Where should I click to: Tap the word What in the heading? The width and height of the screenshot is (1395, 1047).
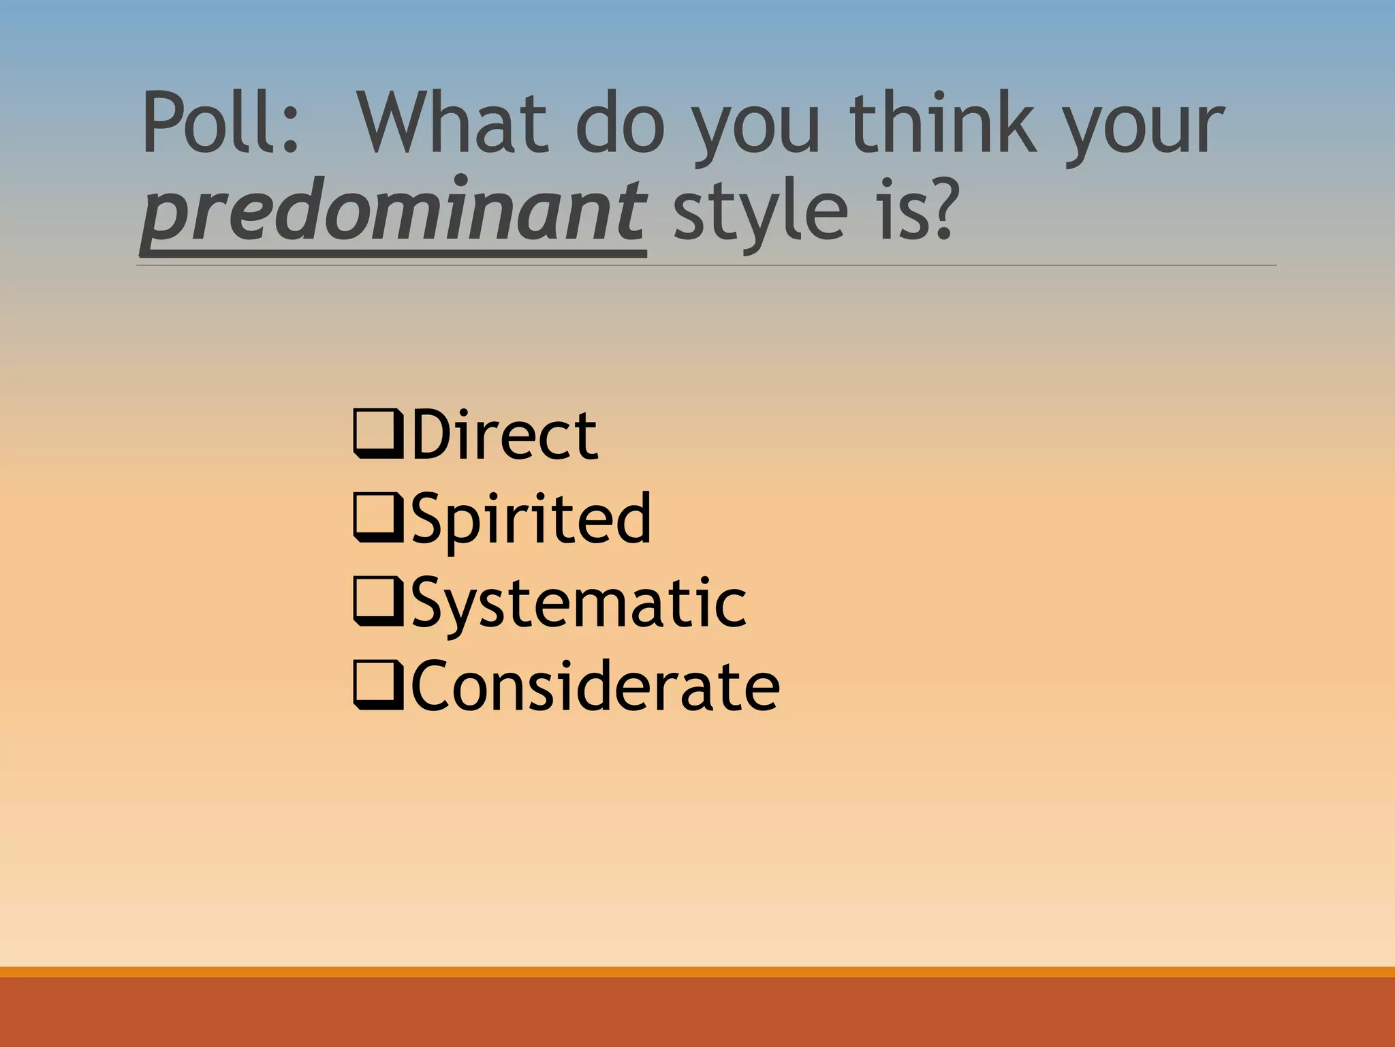452,123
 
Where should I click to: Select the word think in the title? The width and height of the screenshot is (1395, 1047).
943,123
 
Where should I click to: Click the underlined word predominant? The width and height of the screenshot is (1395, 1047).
393,211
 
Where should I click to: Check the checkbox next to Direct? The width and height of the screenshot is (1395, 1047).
377,434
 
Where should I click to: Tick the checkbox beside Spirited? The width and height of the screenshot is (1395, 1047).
377,518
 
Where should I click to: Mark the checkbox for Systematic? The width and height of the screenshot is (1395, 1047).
377,601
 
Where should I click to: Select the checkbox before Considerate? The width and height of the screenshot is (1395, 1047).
377,685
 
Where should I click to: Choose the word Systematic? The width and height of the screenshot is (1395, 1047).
579,603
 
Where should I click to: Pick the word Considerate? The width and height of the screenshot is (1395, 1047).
595,686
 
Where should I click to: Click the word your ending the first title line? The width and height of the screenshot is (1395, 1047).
1144,130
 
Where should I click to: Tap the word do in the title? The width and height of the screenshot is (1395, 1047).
620,123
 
